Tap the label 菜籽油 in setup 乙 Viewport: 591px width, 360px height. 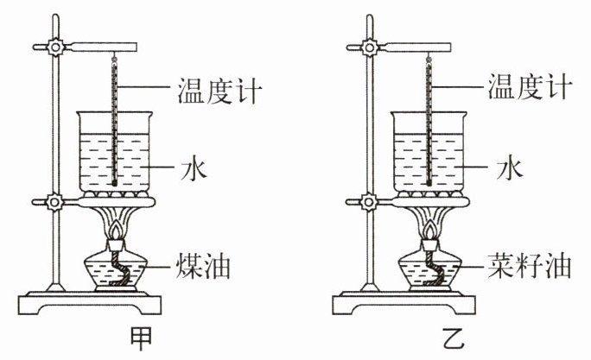tap(522, 264)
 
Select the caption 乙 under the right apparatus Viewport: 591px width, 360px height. tap(444, 338)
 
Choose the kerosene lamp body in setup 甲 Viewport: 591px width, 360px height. tap(118, 273)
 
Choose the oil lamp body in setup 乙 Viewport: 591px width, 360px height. tap(432, 273)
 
